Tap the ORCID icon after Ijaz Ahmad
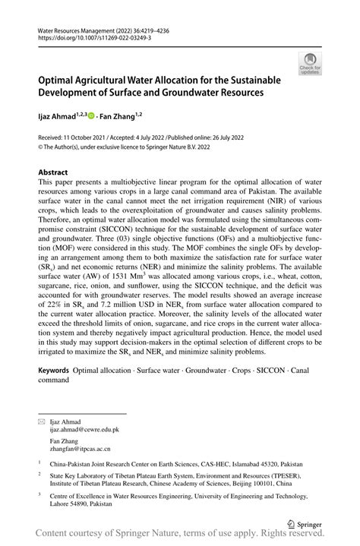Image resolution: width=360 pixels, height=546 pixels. tap(92, 115)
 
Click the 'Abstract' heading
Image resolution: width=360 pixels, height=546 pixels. tap(54, 172)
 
